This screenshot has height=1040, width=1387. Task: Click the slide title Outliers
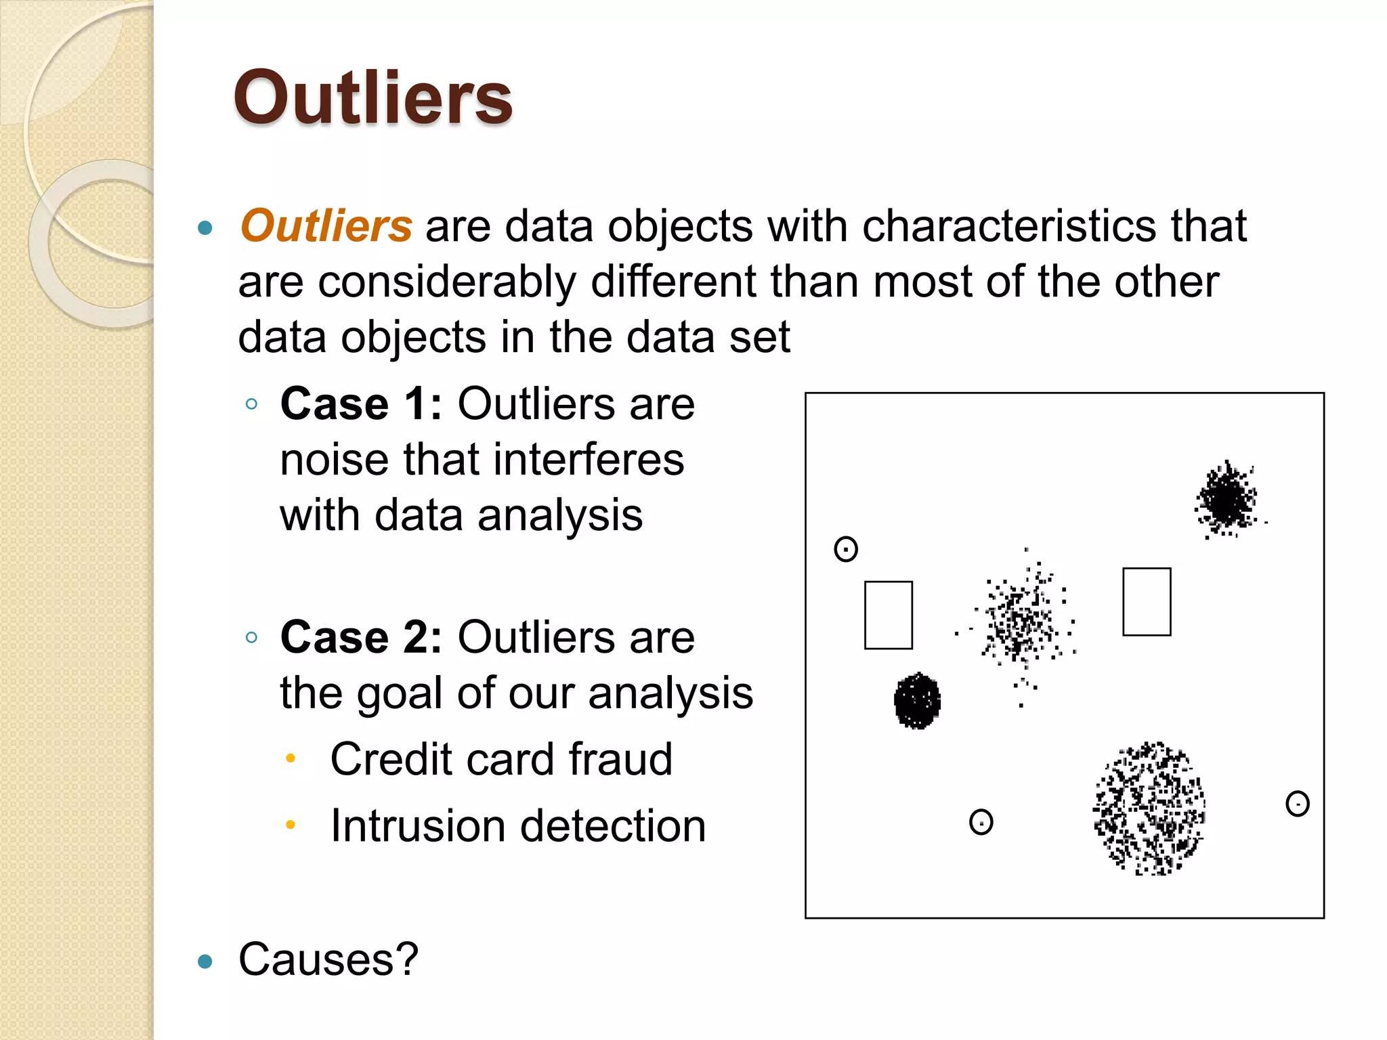coord(373,99)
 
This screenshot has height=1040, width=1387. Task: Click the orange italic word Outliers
coord(326,225)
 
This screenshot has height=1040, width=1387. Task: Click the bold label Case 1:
coord(361,404)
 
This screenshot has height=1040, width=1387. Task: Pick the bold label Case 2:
coord(361,637)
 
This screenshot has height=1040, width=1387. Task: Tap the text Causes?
coord(328,959)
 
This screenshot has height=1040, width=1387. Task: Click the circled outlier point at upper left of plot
coord(846,549)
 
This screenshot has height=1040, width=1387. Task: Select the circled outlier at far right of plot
coord(1297,804)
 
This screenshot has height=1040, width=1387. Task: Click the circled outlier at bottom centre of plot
coord(981,822)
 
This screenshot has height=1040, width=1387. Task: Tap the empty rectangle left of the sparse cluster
coord(889,615)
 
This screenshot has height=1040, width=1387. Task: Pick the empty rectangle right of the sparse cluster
coord(1147,601)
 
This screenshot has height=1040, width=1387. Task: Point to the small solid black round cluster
coord(918,701)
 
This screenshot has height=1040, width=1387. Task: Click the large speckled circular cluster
coord(1149,808)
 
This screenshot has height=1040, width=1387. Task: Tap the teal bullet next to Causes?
coord(205,961)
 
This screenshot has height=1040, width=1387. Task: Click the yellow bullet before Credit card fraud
coord(291,759)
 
